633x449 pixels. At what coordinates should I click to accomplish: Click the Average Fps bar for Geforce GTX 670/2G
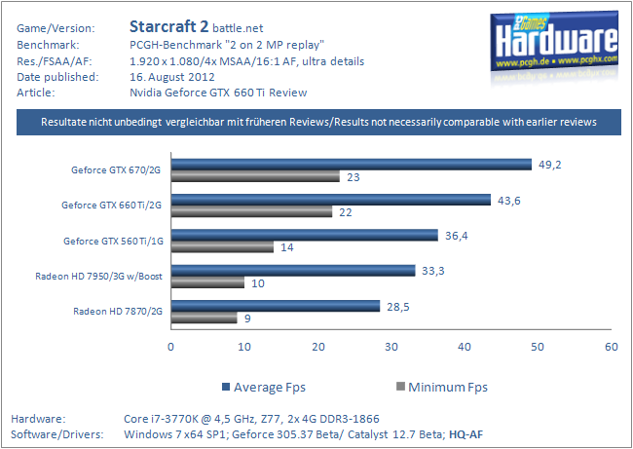click(x=352, y=164)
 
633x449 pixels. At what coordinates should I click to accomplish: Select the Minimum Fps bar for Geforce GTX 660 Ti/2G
click(x=252, y=212)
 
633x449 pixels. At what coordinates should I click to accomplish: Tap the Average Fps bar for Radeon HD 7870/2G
click(x=276, y=306)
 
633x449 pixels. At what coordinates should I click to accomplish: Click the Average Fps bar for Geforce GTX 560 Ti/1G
click(x=305, y=235)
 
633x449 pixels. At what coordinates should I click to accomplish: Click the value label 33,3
click(x=434, y=270)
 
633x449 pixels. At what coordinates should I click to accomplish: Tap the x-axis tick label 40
click(x=464, y=346)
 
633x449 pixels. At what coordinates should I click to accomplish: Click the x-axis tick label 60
click(x=611, y=346)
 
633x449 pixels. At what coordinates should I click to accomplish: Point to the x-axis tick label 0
click(x=171, y=346)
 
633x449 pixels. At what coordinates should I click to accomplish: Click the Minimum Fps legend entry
click(x=439, y=387)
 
